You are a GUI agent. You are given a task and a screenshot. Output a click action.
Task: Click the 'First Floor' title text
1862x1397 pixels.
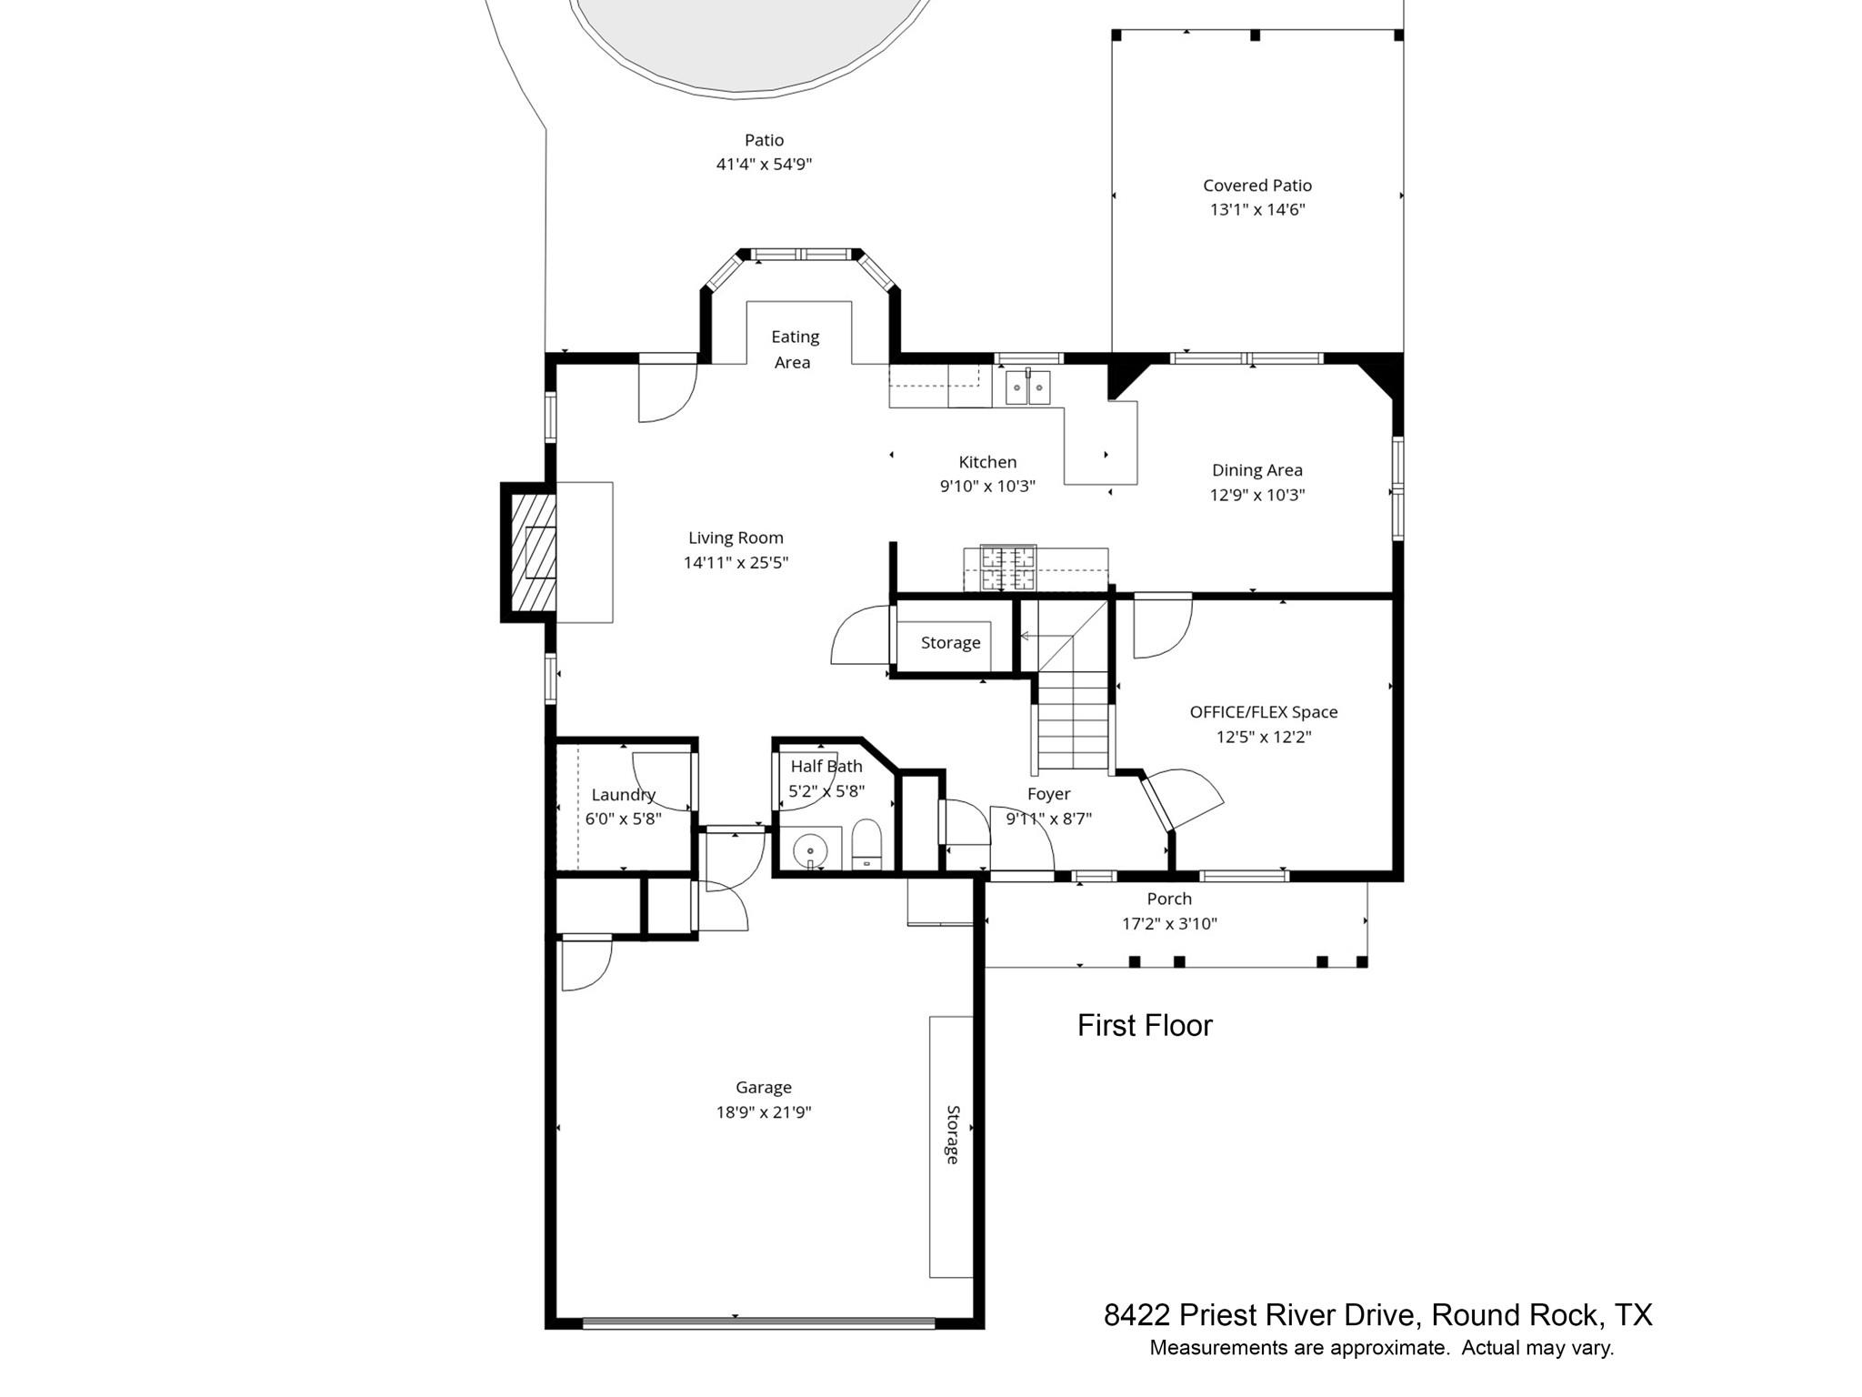[x=1144, y=1026]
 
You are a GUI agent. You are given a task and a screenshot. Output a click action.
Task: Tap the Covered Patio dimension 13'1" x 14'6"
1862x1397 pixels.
[x=1256, y=210]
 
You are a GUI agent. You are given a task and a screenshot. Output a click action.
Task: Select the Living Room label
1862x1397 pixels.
[x=736, y=538]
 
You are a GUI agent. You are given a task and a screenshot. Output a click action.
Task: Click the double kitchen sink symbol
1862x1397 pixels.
[x=1027, y=387]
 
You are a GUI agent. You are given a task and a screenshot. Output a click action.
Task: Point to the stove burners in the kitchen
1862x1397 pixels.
[x=1007, y=568]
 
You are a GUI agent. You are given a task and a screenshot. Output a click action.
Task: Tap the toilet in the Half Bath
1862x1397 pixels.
[x=867, y=845]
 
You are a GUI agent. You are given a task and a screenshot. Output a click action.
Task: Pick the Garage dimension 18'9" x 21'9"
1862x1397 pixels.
[x=763, y=1112]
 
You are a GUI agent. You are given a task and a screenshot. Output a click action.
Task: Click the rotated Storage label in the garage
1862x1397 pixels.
[x=952, y=1134]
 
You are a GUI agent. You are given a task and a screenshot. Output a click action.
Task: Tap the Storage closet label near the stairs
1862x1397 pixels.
[x=950, y=643]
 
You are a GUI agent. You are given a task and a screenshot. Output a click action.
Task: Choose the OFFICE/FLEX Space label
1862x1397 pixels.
[x=1263, y=712]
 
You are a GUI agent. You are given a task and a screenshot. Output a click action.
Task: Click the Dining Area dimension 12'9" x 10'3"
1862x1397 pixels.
[x=1256, y=496]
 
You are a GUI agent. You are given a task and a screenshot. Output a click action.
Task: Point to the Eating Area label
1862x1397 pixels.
[x=795, y=349]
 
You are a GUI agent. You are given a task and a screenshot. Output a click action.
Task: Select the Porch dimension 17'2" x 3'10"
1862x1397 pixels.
[x=1168, y=924]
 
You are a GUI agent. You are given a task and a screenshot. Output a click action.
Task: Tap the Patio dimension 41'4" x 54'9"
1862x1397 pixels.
[x=763, y=165]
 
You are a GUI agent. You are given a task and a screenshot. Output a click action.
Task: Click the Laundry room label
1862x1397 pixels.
[x=623, y=795]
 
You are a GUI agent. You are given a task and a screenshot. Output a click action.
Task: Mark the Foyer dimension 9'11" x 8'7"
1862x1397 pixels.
[x=1048, y=819]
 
